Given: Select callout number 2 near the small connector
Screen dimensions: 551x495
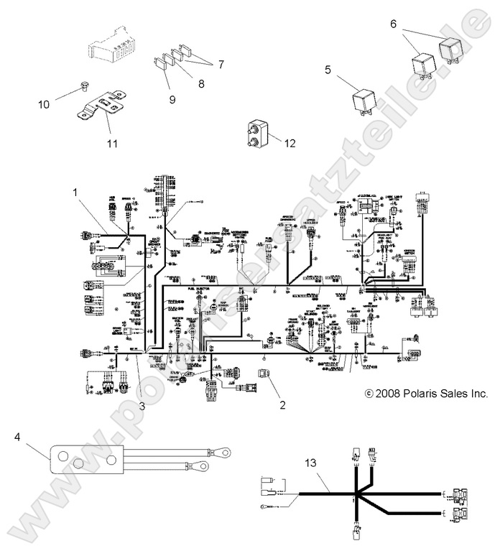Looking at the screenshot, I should pos(282,404).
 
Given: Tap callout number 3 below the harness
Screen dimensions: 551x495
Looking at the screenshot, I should pos(142,406).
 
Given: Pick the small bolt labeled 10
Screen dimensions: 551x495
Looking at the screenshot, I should pos(83,91).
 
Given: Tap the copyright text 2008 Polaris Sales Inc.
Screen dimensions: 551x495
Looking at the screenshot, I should pos(426,393).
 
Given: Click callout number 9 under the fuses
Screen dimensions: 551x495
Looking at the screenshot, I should pos(172,99).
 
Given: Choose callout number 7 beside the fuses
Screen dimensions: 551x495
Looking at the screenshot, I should pos(221,64).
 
